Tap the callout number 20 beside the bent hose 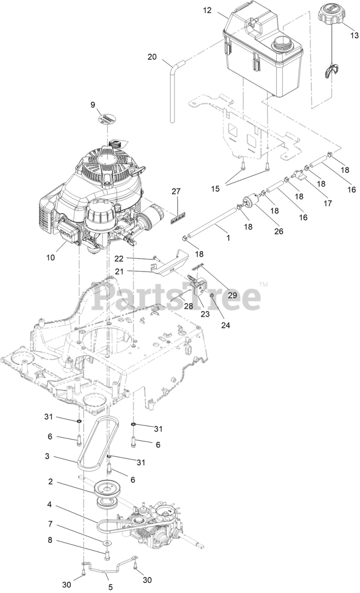[x=152, y=57]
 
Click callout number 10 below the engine [x=51, y=257]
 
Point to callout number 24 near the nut [x=226, y=325]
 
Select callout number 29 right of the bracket [x=232, y=295]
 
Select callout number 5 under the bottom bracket [x=110, y=587]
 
